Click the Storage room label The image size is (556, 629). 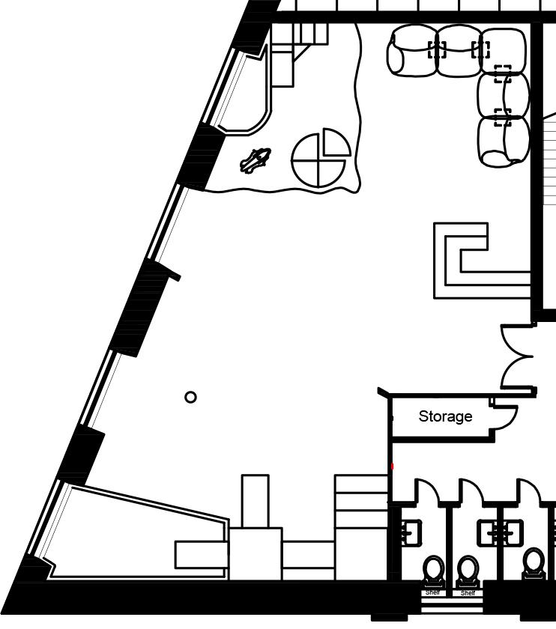tap(445, 416)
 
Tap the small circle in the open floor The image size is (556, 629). tap(190, 397)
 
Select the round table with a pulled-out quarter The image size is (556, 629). tap(320, 159)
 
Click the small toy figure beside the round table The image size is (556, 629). tap(256, 159)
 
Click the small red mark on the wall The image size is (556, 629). tap(392, 467)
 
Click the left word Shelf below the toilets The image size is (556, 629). tap(432, 592)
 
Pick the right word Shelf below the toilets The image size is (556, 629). tap(468, 592)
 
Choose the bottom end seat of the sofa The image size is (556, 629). tap(501, 142)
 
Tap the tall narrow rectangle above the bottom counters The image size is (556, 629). tap(255, 501)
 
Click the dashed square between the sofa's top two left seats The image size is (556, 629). tap(437, 49)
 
